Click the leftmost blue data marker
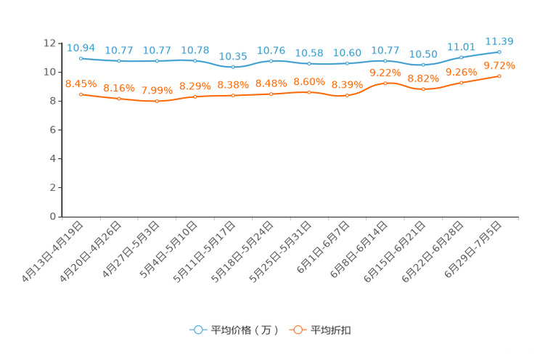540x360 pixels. [81, 57]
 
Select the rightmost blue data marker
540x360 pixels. [499, 52]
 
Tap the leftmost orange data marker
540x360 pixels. [81, 94]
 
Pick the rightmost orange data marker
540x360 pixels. [499, 75]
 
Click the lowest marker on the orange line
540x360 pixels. [157, 102]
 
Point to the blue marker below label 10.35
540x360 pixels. [233, 67]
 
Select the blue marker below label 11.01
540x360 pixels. [461, 57]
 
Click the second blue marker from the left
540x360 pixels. [118, 61]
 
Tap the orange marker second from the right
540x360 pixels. [461, 83]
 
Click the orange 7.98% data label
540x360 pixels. [157, 91]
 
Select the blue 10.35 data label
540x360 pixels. [233, 56]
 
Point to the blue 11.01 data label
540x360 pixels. [461, 46]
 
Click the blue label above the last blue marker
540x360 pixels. [499, 41]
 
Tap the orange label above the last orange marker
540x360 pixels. [499, 65]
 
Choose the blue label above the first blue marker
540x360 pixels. [81, 47]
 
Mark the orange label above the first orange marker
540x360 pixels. [81, 83]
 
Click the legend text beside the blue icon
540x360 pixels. [244, 330]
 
